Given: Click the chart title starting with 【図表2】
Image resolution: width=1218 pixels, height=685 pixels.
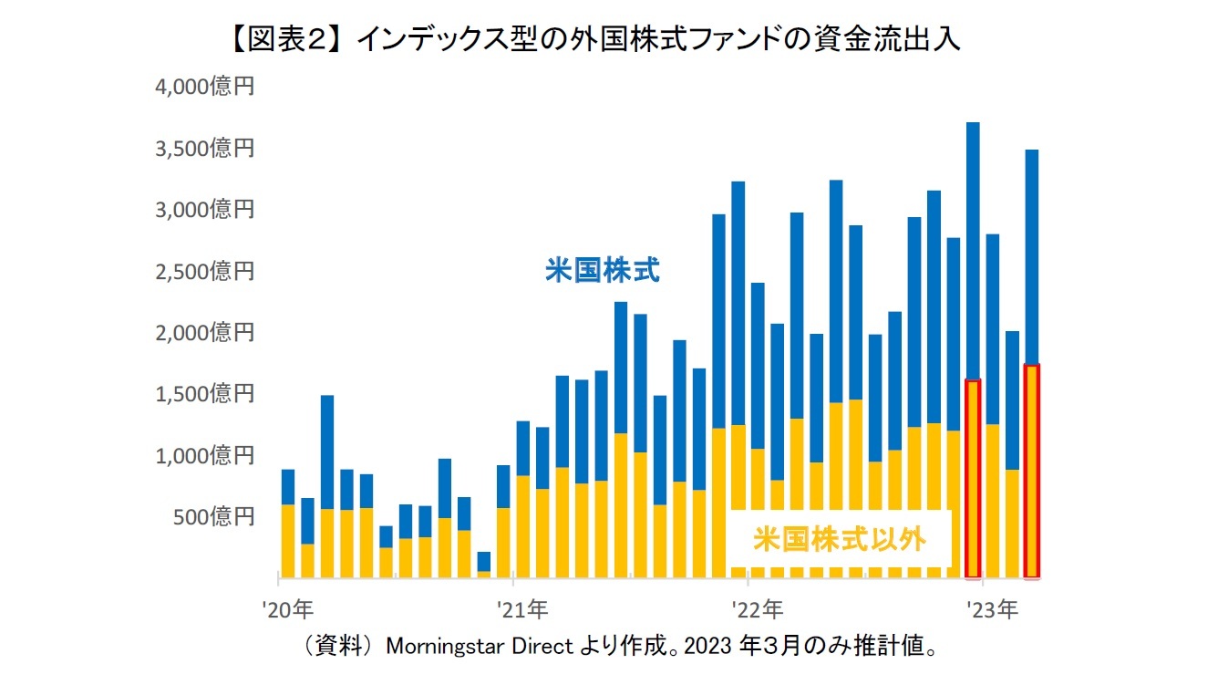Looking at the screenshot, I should pyautogui.click(x=608, y=39).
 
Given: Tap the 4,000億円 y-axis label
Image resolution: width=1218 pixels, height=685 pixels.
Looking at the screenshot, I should pyautogui.click(x=205, y=88).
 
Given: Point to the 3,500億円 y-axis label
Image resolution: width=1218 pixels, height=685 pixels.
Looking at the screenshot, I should pyautogui.click(x=205, y=149).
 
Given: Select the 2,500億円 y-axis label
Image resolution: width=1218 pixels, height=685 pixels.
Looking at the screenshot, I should pyautogui.click(x=205, y=272).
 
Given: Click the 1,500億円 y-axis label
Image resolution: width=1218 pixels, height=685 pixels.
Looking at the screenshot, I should pyautogui.click(x=205, y=394).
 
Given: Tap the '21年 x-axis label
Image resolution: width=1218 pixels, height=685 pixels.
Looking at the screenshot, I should pyautogui.click(x=522, y=608).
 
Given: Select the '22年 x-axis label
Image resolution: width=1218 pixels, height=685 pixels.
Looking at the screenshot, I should pyautogui.click(x=757, y=608).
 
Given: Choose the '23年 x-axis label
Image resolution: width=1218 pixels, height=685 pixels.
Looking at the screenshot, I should pyautogui.click(x=992, y=608).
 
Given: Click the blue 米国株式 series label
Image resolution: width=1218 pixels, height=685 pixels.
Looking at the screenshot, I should pyautogui.click(x=602, y=271).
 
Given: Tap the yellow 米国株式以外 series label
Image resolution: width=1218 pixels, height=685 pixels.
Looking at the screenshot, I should pyautogui.click(x=839, y=539).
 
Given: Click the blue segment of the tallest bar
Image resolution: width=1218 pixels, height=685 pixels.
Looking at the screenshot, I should pyautogui.click(x=973, y=251).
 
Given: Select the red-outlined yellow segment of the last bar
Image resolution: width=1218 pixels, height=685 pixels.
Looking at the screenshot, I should pyautogui.click(x=1031, y=471).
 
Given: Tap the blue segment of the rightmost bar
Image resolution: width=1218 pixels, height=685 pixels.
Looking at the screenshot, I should pyautogui.click(x=1031, y=257).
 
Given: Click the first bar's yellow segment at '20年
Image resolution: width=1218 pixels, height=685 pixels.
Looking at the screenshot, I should pyautogui.click(x=288, y=540).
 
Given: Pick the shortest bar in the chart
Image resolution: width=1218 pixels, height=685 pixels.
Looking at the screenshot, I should pyautogui.click(x=483, y=564).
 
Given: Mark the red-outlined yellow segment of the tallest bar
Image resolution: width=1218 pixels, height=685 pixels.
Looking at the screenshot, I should pyautogui.click(x=973, y=479).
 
